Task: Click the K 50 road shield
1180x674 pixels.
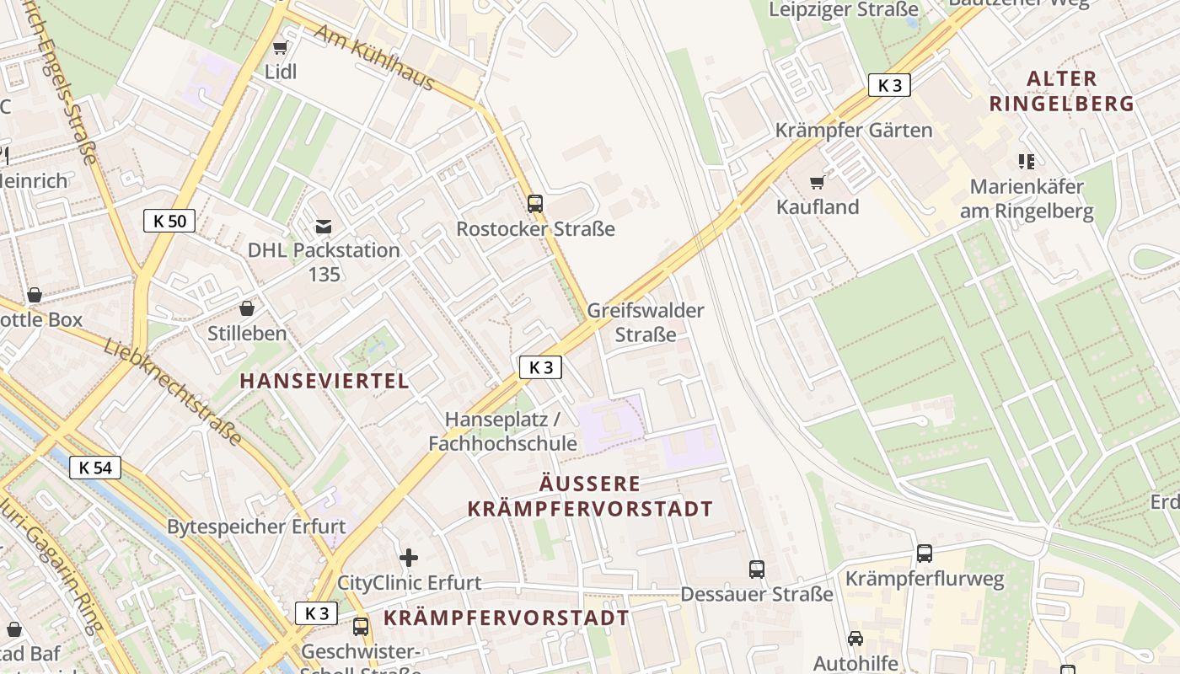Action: coord(169,222)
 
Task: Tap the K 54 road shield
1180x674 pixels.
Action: coord(95,468)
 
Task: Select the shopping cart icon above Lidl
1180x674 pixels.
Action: coord(281,47)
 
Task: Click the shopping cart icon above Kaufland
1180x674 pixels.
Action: coord(817,182)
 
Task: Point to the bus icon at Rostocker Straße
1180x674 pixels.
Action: coord(534,203)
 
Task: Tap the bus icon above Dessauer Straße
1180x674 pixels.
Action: coord(756,569)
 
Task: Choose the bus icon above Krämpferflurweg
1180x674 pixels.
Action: coord(925,554)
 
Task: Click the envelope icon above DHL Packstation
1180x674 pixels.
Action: coord(324,226)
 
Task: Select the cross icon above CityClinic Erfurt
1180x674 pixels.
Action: coord(409,557)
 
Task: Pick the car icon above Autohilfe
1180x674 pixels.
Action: coord(855,638)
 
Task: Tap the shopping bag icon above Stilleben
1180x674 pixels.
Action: coord(247,308)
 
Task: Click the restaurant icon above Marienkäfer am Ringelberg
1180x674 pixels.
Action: coord(1026,161)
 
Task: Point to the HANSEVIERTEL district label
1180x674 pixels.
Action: coord(324,381)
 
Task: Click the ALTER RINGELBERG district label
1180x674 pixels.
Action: coord(1061,91)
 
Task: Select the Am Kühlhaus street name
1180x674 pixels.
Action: coord(374,57)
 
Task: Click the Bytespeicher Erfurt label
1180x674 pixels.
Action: coord(256,527)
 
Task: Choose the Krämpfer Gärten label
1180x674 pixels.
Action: coord(854,131)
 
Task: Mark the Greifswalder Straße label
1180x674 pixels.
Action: coord(646,323)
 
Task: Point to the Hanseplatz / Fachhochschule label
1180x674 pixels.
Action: coord(502,431)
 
